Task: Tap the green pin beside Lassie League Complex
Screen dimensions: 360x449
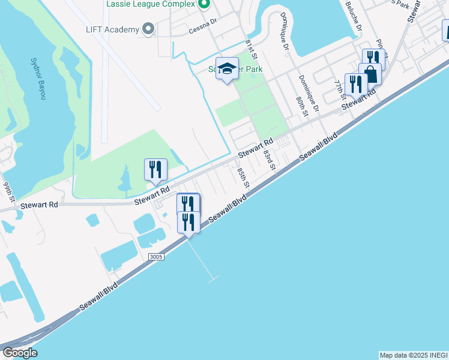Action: coord(203,5)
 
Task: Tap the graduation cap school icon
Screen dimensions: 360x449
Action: coord(227,68)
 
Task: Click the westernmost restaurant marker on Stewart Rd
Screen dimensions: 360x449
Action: coord(155,169)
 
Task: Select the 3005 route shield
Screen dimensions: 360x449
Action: coord(155,257)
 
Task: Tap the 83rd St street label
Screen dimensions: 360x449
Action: coord(268,161)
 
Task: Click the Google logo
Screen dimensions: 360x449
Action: coord(19,352)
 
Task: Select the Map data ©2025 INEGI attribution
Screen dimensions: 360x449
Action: coord(413,355)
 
